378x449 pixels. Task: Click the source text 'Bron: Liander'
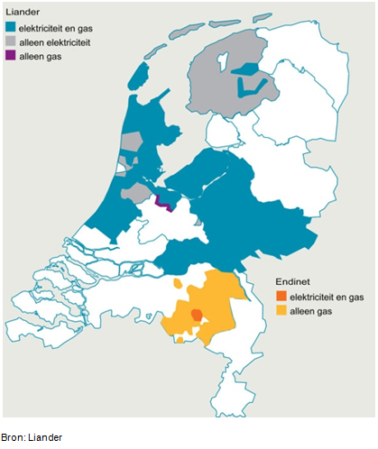pyautogui.click(x=32, y=437)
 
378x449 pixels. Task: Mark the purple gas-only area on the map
pyautogui.click(x=164, y=202)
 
